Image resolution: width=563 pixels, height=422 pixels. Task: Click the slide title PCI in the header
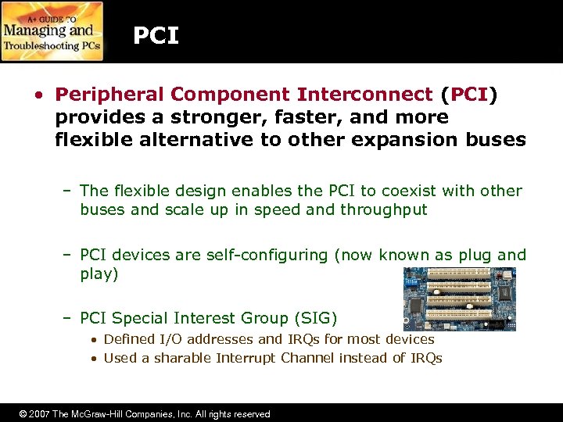click(x=156, y=36)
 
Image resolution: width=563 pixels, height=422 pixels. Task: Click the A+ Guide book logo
click(x=52, y=31)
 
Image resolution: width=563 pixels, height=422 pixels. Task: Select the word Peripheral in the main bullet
click(x=109, y=95)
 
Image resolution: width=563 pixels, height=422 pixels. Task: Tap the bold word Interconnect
click(x=364, y=95)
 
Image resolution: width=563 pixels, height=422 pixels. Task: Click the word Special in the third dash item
click(x=138, y=317)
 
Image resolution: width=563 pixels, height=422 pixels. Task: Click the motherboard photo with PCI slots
click(x=458, y=299)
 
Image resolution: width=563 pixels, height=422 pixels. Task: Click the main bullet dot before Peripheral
click(x=38, y=95)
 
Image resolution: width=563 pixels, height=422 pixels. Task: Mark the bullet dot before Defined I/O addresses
click(x=93, y=340)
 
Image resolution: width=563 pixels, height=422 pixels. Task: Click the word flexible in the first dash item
click(x=137, y=191)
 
